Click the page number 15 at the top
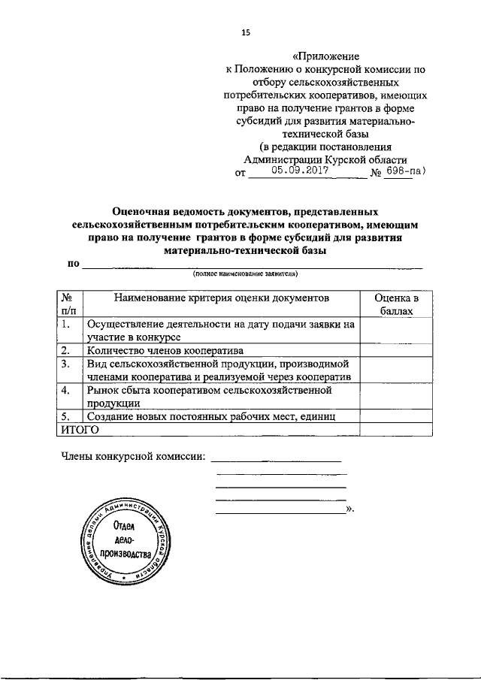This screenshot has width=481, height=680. tap(245, 32)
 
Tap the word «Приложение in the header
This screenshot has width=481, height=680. tap(326, 56)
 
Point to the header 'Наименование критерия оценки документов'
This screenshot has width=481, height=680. tap(222, 298)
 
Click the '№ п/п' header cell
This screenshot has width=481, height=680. tap(68, 304)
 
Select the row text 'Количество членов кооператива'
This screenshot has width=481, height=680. tap(164, 350)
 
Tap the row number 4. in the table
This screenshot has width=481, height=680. tap(66, 390)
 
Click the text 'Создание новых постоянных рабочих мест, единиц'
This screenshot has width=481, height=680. tap(210, 416)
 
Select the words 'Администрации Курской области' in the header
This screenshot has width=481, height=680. tap(326, 159)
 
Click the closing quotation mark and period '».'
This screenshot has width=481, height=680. tap(349, 509)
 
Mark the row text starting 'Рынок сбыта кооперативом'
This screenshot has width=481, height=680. tap(209, 390)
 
